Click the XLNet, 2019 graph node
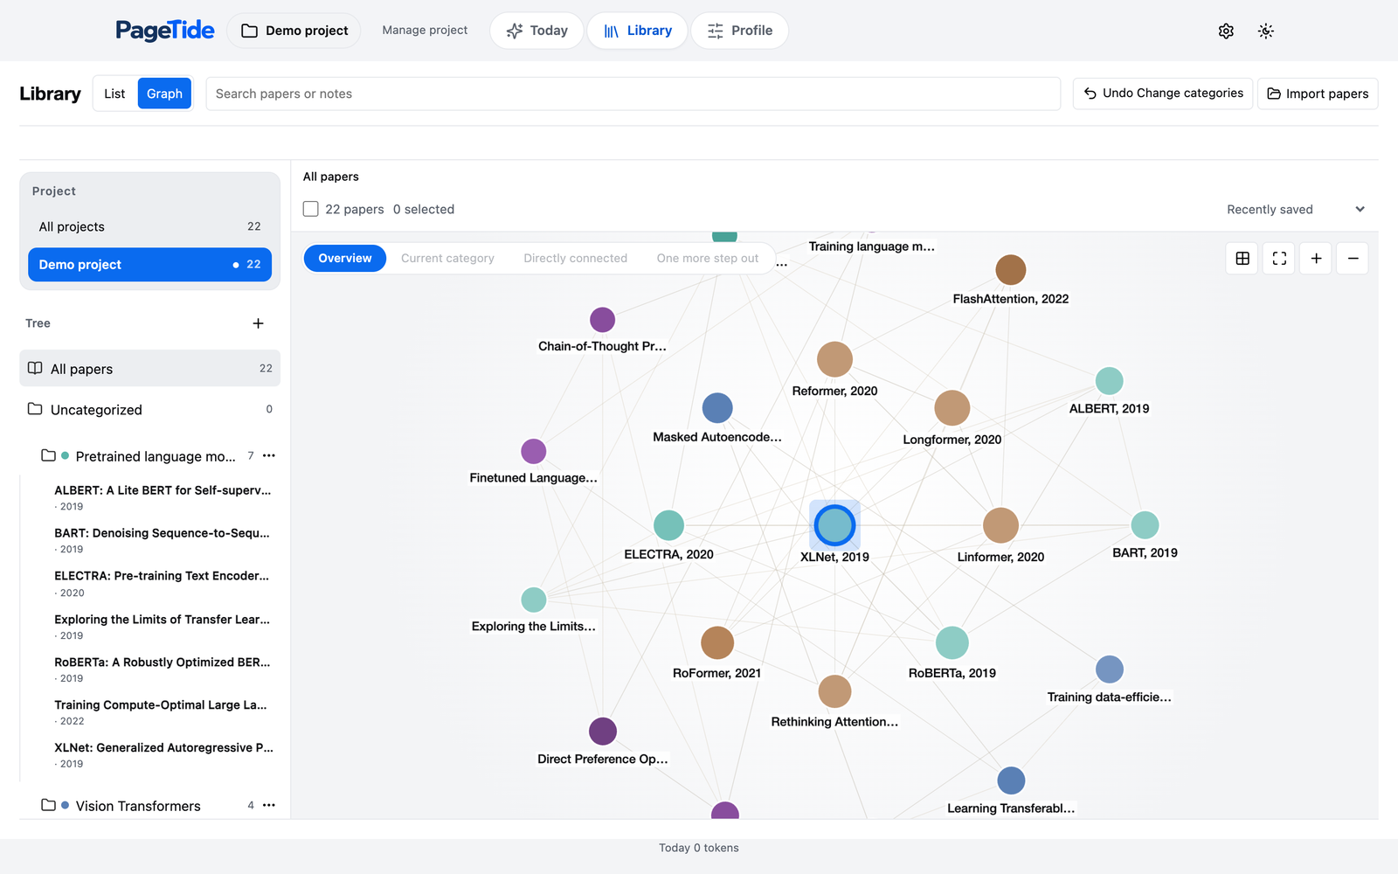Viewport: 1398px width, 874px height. (834, 525)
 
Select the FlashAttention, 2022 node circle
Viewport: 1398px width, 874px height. (1010, 270)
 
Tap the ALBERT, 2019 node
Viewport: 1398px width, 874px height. (1109, 381)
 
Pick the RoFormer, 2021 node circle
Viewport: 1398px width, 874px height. (716, 642)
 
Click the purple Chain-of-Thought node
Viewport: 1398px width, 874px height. (602, 320)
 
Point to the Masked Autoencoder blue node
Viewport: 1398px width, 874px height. (717, 407)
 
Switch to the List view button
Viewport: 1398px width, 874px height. (114, 94)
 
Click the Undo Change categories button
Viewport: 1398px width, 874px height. (1163, 94)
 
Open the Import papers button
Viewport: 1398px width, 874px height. (1318, 94)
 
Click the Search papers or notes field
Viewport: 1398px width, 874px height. (633, 94)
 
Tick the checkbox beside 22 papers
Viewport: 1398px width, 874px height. (310, 209)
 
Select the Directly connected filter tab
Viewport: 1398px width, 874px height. (575, 259)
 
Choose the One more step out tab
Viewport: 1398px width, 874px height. (707, 259)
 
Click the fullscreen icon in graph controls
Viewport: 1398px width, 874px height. (1279, 259)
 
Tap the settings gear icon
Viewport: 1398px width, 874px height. (1226, 31)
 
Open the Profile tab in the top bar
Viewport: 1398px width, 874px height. (739, 31)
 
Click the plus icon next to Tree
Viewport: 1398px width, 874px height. (258, 323)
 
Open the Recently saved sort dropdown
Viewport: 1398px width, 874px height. (1296, 209)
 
